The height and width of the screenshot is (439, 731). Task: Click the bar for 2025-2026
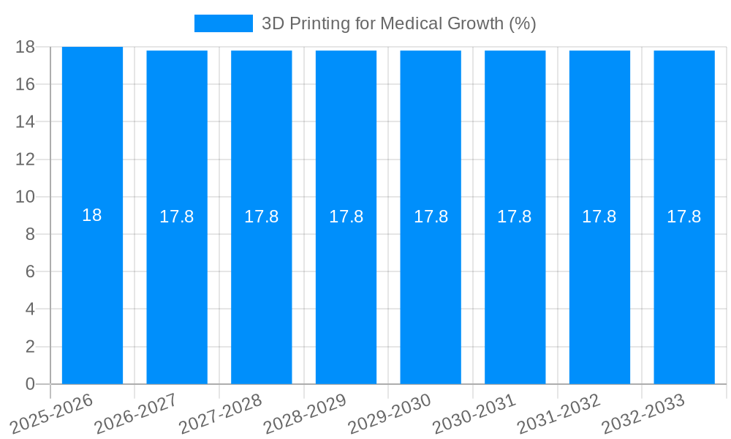tap(92, 293)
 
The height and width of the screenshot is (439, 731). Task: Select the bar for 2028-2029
tap(346, 293)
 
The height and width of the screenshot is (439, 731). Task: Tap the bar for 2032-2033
tap(684, 293)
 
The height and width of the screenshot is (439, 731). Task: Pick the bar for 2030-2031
tap(515, 293)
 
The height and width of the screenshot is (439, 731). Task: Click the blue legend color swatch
tap(223, 23)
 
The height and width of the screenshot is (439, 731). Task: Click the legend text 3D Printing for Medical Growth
tap(398, 23)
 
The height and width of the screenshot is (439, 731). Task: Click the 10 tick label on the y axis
tap(25, 197)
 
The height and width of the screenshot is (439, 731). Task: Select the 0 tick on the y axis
tap(30, 384)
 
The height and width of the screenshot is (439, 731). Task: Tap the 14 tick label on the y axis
tap(25, 121)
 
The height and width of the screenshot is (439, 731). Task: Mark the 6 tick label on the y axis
tap(30, 271)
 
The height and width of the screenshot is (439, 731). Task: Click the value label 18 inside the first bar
tap(92, 215)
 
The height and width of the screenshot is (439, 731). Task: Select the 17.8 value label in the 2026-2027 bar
tap(177, 217)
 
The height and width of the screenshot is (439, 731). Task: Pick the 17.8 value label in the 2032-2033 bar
tap(684, 217)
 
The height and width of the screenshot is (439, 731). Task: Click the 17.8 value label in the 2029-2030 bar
tap(431, 217)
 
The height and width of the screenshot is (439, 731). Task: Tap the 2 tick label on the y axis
tap(30, 347)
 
